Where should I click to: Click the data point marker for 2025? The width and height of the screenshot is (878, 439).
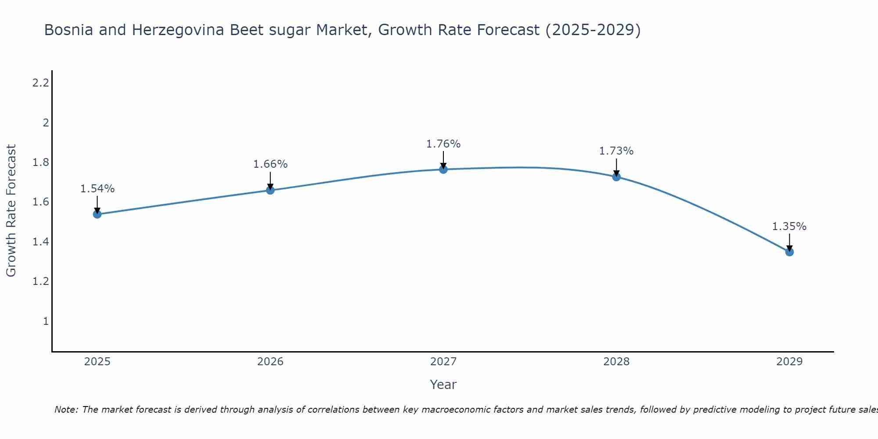(x=97, y=214)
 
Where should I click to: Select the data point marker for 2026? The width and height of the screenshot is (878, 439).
(x=270, y=190)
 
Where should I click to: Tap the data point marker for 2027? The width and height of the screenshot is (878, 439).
(x=443, y=169)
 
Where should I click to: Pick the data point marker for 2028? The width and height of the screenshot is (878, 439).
(x=616, y=177)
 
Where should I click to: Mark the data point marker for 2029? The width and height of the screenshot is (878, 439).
(x=789, y=252)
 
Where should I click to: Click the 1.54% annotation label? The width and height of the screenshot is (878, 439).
(x=97, y=189)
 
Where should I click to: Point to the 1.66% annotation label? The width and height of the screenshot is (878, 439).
(x=270, y=164)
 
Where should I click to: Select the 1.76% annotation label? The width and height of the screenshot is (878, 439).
(x=443, y=144)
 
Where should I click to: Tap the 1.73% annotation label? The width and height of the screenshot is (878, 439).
(x=616, y=151)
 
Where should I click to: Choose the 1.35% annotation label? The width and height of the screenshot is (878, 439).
(x=789, y=227)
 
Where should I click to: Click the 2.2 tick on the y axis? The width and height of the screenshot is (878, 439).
(x=40, y=83)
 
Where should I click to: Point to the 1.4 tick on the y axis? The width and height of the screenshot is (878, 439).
(x=40, y=242)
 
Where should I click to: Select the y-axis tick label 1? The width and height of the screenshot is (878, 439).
(x=46, y=321)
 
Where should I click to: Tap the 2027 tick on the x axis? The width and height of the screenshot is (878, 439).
(x=443, y=362)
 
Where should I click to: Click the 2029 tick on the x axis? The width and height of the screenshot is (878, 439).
(x=789, y=362)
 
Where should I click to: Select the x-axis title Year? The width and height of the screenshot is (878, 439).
(x=443, y=385)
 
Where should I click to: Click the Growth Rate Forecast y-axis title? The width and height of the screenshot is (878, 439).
(x=11, y=211)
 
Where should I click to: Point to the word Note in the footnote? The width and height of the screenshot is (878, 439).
(x=66, y=410)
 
